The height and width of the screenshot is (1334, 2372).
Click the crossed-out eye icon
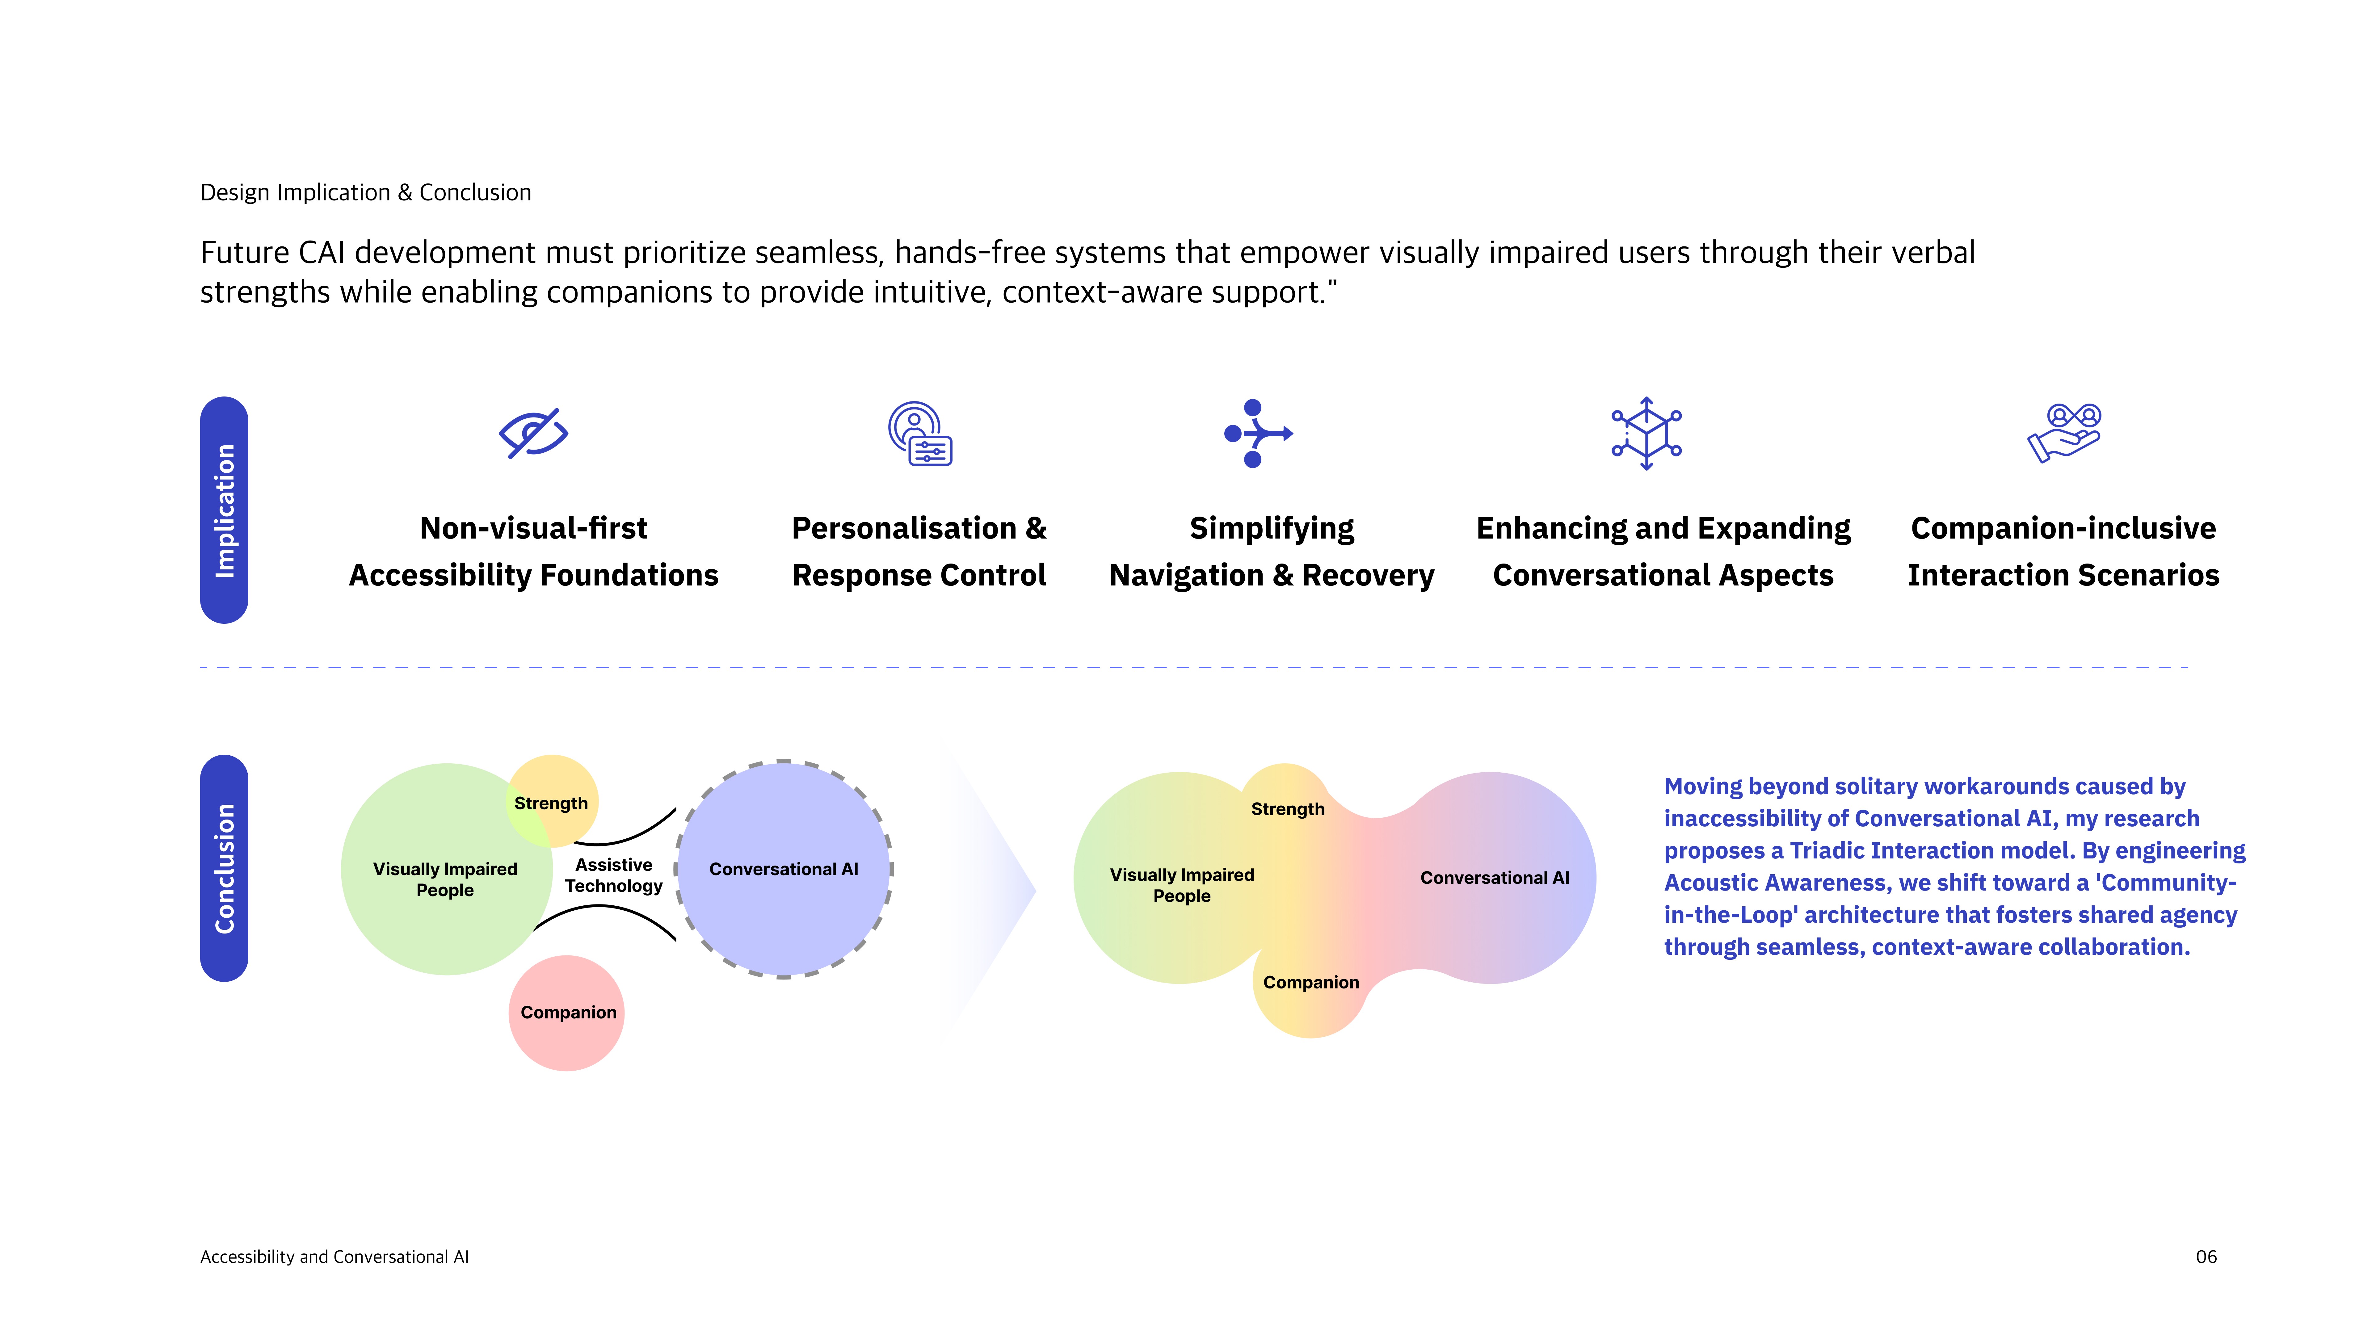click(533, 433)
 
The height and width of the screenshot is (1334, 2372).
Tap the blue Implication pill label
click(224, 510)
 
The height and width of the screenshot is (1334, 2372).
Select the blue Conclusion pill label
click(224, 868)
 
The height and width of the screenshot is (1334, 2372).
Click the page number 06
click(2205, 1257)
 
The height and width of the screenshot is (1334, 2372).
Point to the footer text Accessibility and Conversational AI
click(334, 1257)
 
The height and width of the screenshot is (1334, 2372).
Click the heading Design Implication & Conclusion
click(366, 192)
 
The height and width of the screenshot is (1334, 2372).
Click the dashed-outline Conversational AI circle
click(784, 869)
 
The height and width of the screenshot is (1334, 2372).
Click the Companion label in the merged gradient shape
click(1310, 982)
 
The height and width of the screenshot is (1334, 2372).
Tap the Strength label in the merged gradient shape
click(1287, 809)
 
